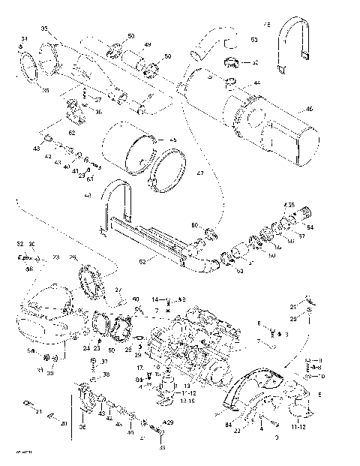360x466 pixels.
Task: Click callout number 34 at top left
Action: pos(24,39)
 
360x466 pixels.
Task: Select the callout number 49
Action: pos(148,46)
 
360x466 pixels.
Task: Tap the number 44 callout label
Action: pos(256,83)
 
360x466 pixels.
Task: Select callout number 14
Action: pos(155,299)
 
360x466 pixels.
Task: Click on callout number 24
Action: pos(87,348)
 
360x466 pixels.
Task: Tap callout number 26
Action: pos(73,257)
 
